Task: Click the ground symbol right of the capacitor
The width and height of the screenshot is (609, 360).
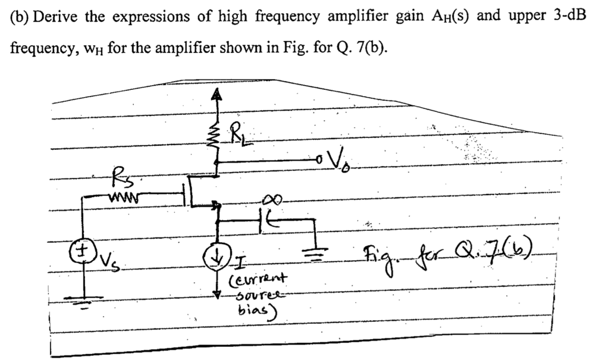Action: tap(312, 250)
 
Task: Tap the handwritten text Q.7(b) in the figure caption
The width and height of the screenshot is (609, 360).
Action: tap(512, 246)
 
